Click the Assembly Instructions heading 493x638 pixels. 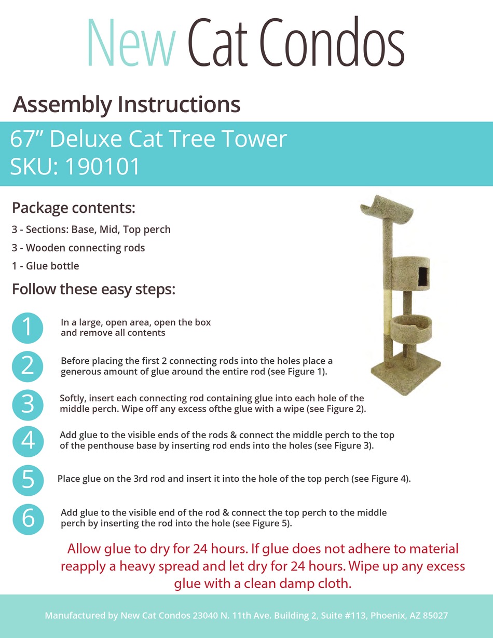pyautogui.click(x=127, y=104)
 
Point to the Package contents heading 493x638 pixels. pyautogui.click(x=73, y=208)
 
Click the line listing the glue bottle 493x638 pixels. pyautogui.click(x=46, y=266)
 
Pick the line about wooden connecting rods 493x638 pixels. pyautogui.click(x=78, y=248)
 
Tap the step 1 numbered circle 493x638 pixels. pyautogui.click(x=28, y=328)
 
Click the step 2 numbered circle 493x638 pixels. pyautogui.click(x=28, y=365)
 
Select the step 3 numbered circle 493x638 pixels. pyautogui.click(x=28, y=403)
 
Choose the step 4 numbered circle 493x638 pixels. pyautogui.click(x=28, y=441)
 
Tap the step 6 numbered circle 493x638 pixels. pyautogui.click(x=28, y=518)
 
